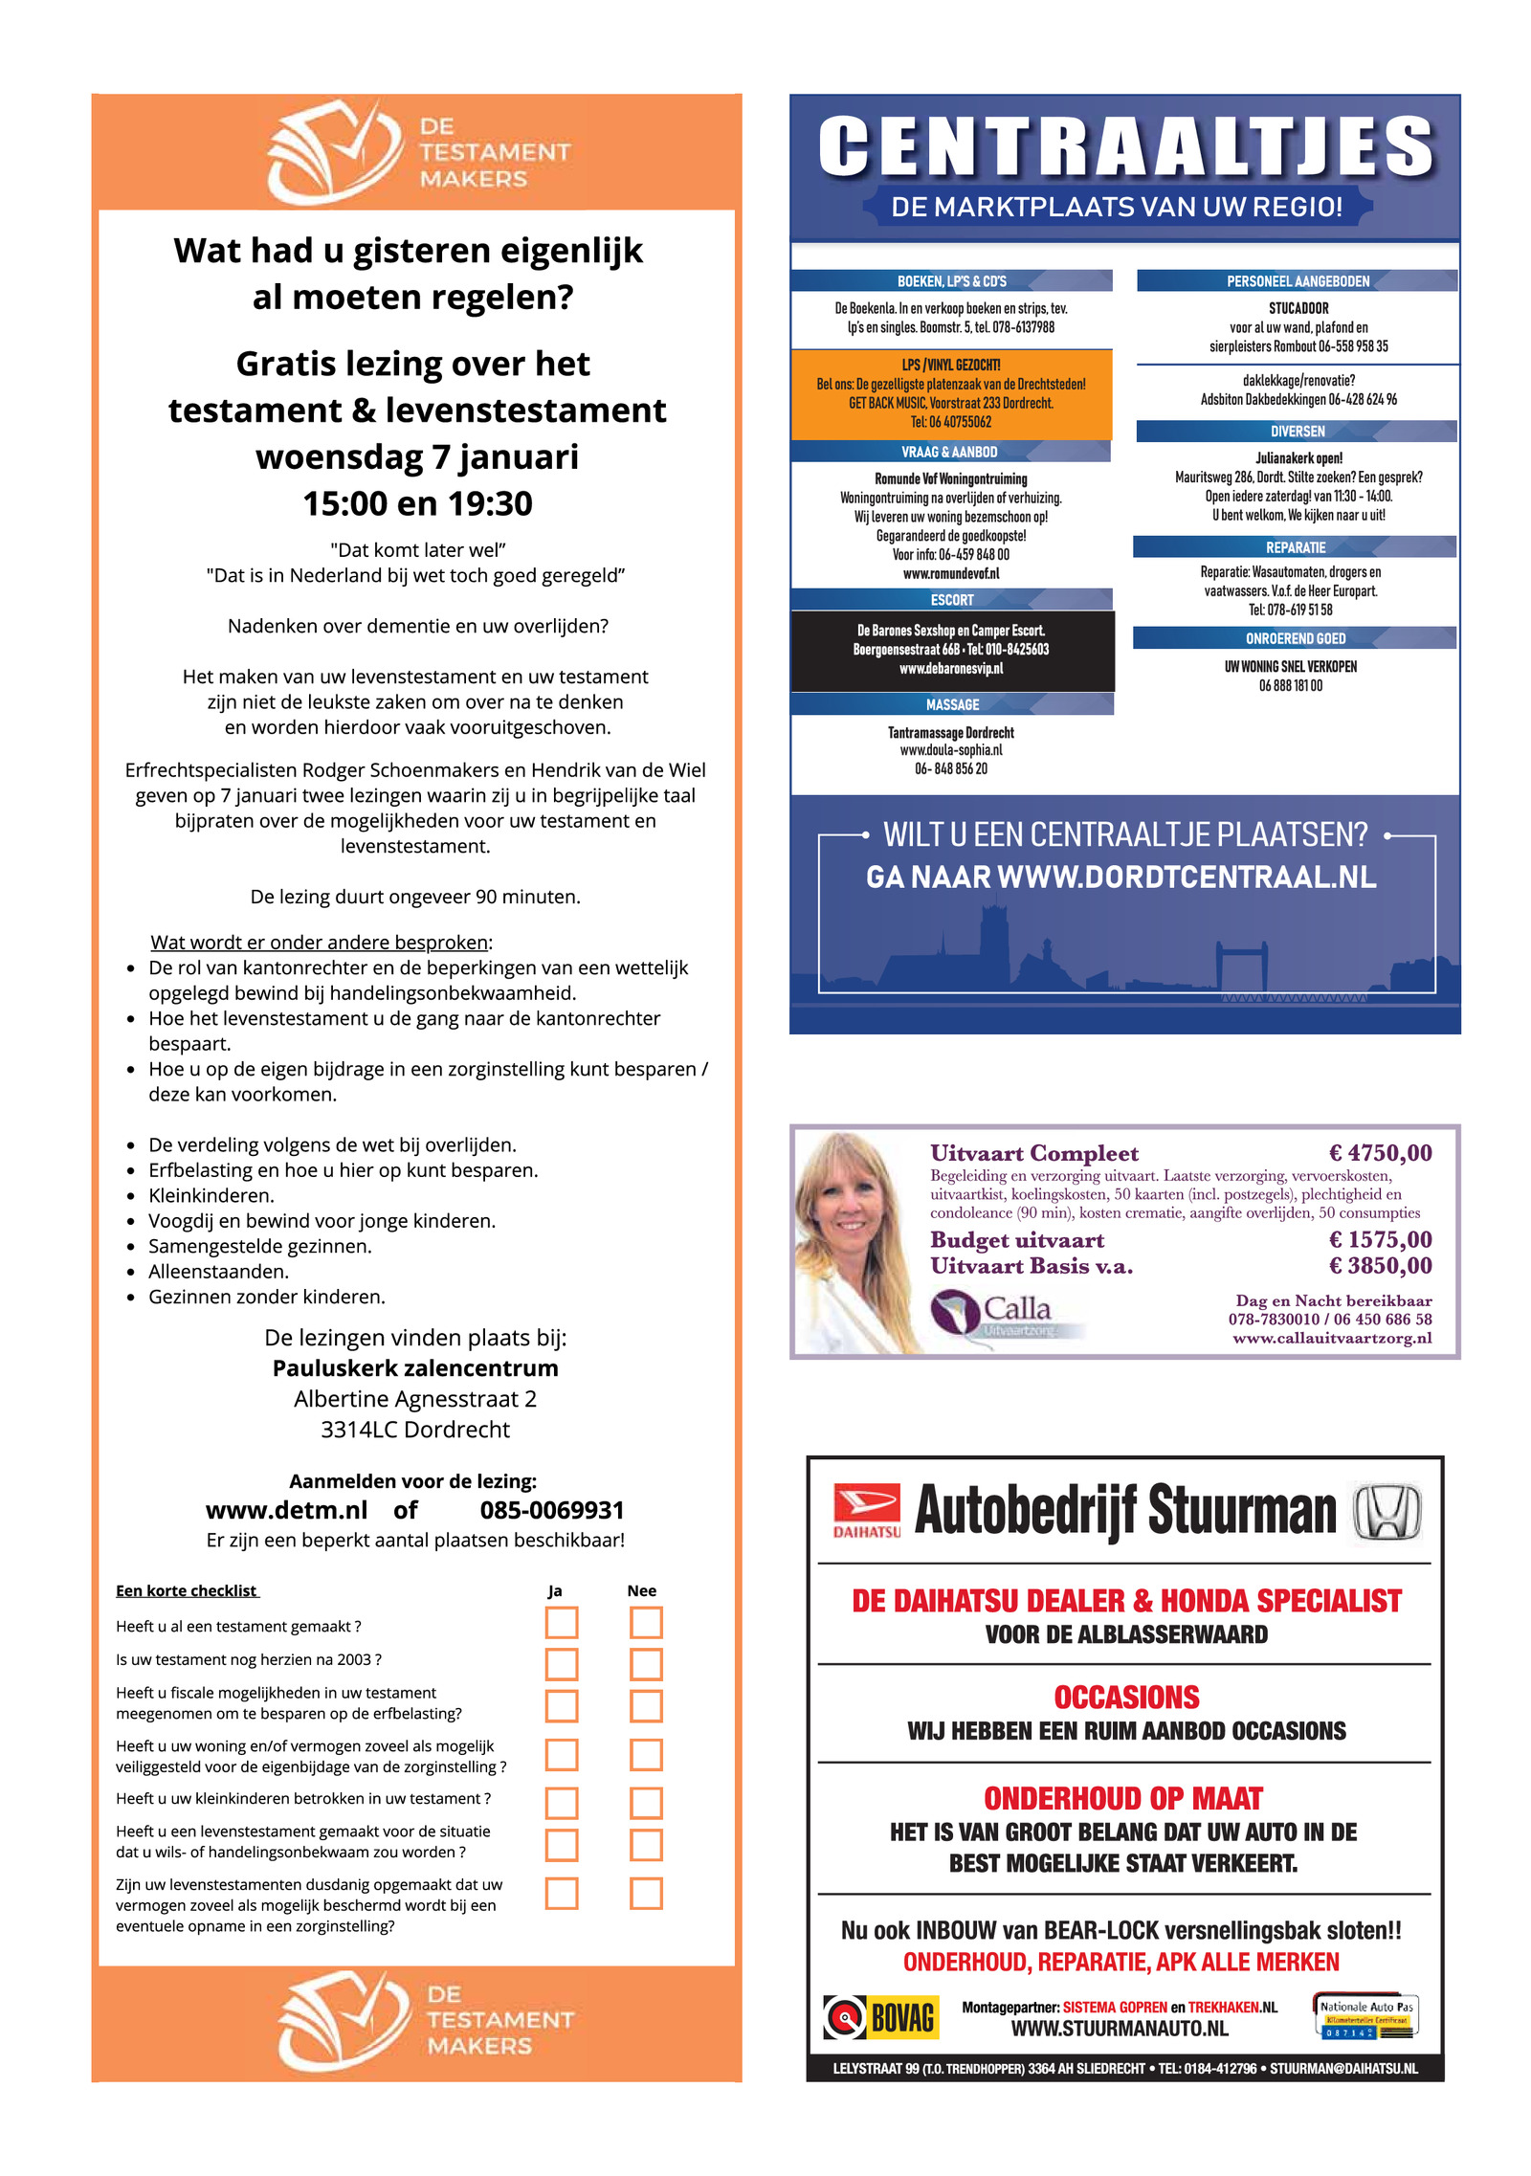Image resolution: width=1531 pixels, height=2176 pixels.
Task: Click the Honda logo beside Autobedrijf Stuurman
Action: (1387, 1512)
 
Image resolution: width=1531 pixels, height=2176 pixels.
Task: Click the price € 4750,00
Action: (1380, 1153)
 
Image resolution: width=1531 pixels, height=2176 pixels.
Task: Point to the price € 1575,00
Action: (1380, 1240)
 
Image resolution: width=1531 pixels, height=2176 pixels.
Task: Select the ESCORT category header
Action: (951, 600)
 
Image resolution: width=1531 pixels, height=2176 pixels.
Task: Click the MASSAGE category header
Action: (952, 705)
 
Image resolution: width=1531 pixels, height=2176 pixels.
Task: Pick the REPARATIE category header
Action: (1295, 547)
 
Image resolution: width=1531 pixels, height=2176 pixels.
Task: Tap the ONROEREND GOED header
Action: (1295, 638)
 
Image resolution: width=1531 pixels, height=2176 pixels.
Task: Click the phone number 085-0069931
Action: (552, 1511)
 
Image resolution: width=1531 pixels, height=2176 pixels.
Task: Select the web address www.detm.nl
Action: (286, 1511)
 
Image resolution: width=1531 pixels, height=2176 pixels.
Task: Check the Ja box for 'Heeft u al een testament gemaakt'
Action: (562, 1623)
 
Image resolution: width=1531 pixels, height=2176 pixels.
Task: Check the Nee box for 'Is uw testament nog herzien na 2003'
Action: (646, 1664)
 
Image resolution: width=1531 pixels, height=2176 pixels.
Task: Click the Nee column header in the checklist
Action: (641, 1591)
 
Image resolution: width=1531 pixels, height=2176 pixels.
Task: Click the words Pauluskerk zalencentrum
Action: (415, 1368)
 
